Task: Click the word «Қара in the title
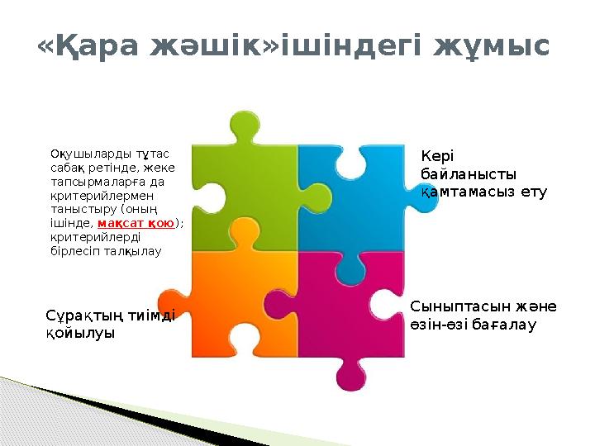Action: tap(88, 45)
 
